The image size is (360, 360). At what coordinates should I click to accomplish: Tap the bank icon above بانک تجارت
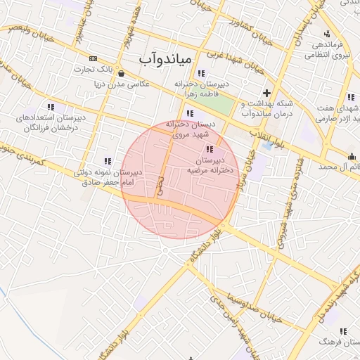(93, 58)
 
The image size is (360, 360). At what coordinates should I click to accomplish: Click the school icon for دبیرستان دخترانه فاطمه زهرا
(201, 73)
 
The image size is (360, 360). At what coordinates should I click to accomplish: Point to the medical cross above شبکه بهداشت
(266, 92)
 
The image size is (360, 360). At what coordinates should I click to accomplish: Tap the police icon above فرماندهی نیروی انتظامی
(327, 34)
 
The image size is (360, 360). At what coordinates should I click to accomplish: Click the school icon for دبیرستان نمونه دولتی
(108, 161)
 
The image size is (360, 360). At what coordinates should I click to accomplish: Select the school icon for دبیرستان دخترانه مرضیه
(209, 149)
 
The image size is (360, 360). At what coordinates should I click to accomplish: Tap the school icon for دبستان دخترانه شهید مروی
(190, 112)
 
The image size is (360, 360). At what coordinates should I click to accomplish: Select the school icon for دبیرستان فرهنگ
(342, 331)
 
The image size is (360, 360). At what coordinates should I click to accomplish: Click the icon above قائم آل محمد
(352, 156)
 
